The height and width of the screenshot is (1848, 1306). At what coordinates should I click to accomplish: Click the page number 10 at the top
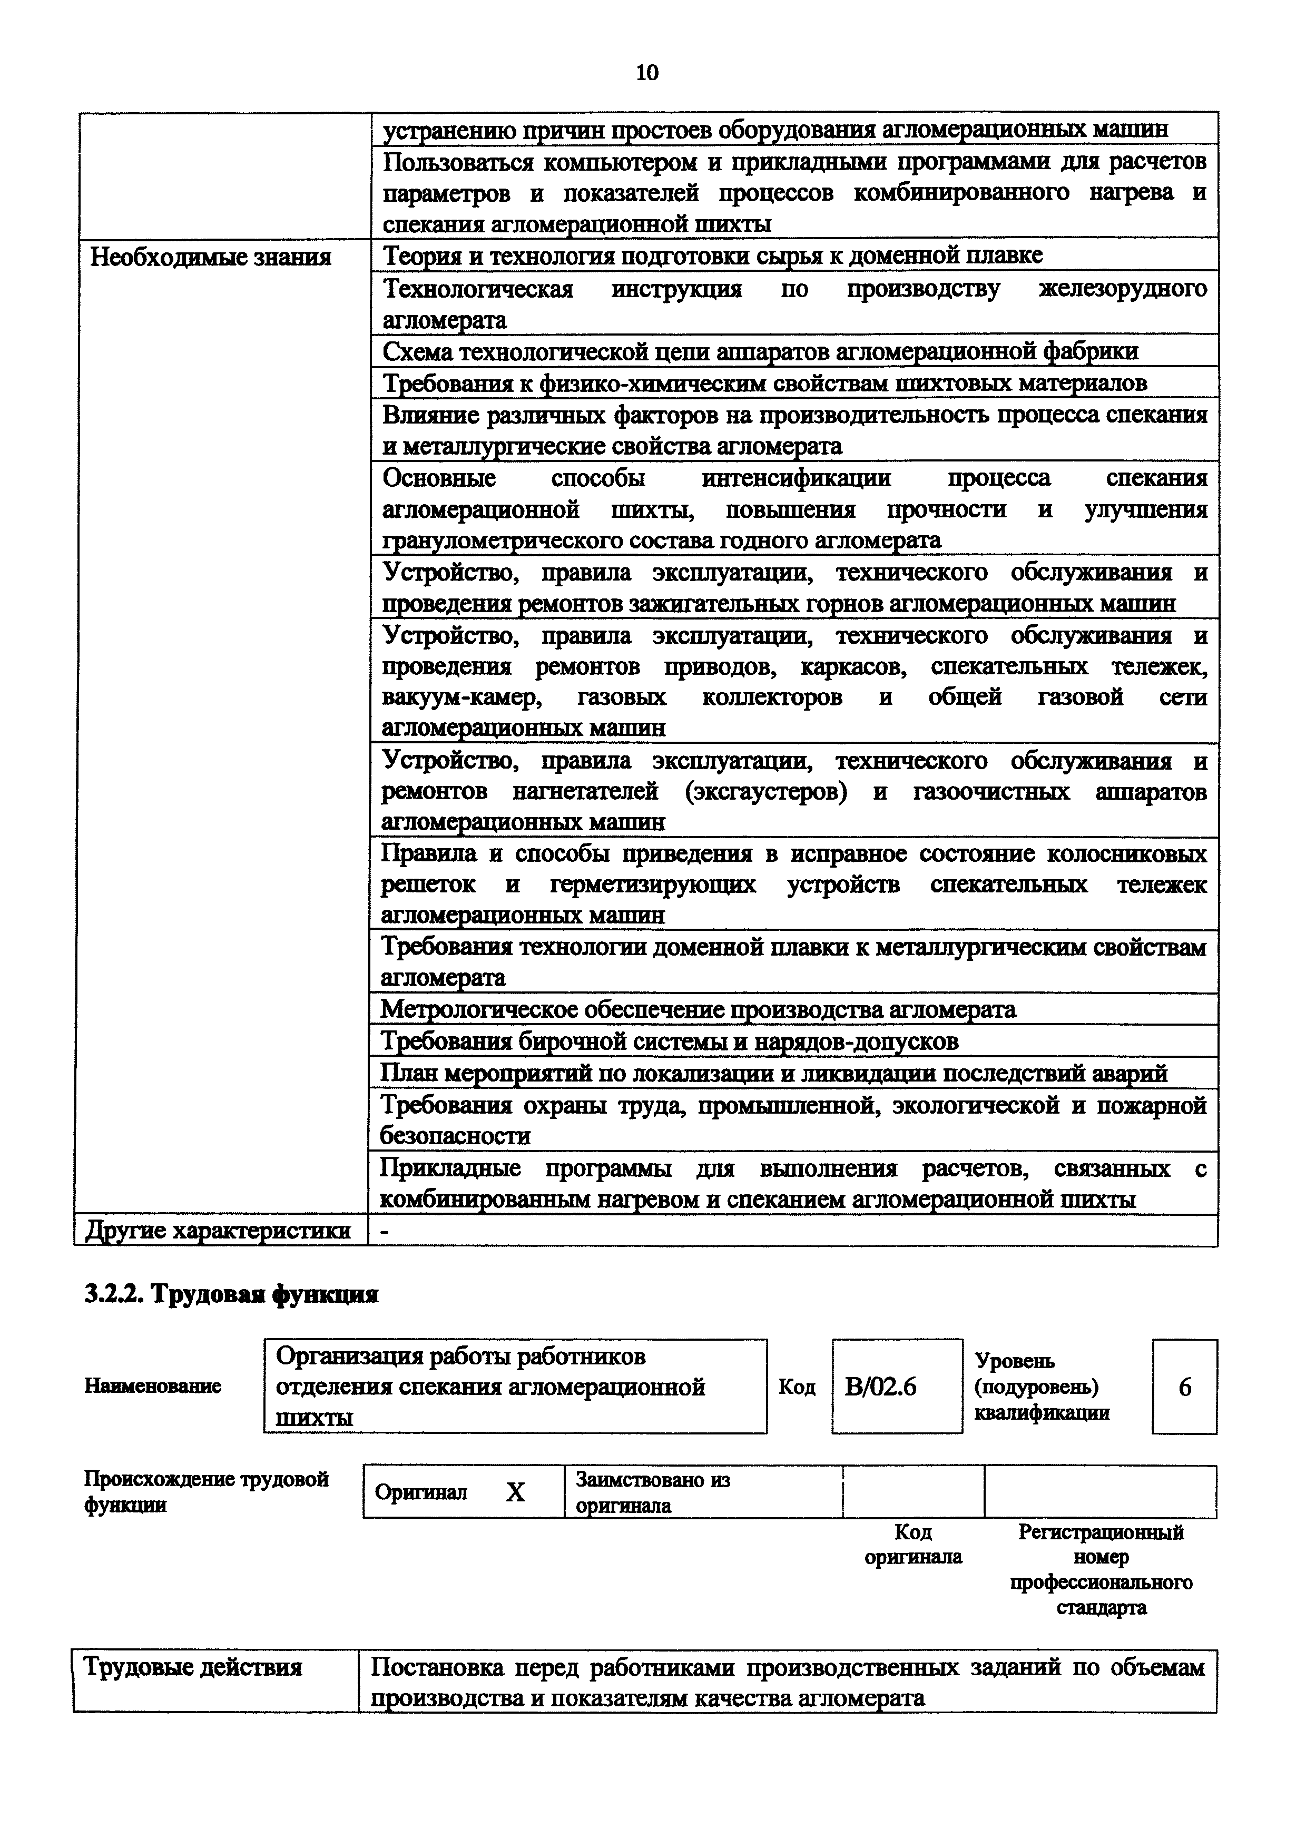click(x=647, y=73)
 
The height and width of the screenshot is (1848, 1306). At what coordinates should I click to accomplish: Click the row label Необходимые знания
click(x=211, y=258)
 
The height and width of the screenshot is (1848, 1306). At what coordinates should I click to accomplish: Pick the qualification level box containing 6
click(x=1184, y=1387)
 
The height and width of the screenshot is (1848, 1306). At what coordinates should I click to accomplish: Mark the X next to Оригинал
click(x=515, y=1492)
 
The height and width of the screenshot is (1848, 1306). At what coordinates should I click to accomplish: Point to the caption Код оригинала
click(x=914, y=1544)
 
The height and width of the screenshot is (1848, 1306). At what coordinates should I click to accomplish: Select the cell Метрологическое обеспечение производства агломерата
click(x=698, y=1009)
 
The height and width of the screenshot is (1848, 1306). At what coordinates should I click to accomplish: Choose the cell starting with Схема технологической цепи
click(x=760, y=352)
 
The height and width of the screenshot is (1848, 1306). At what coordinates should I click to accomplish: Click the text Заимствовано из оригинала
click(x=652, y=1492)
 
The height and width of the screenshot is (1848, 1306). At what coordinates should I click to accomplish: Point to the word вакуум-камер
click(x=462, y=697)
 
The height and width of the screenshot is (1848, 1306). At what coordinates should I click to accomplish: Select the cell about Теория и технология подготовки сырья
click(x=712, y=256)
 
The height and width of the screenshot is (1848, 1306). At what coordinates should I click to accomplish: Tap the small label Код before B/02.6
click(x=797, y=1387)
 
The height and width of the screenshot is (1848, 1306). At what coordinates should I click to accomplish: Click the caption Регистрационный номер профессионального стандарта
click(x=1101, y=1569)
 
